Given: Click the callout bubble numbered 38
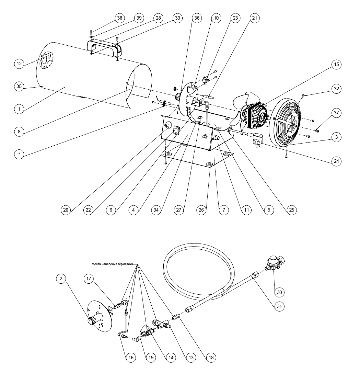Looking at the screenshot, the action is (x=120, y=18).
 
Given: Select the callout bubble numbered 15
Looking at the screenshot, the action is (x=336, y=65).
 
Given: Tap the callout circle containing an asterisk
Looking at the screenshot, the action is (x=19, y=154).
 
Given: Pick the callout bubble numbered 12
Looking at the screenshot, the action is (x=19, y=64).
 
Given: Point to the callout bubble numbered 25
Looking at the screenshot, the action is (x=292, y=210).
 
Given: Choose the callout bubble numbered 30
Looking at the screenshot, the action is (x=279, y=292).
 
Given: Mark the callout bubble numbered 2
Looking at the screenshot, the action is (x=61, y=279).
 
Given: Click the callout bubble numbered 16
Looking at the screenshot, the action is (x=131, y=358).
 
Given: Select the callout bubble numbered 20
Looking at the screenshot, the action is (x=66, y=210).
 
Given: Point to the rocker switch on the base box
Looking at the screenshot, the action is (x=177, y=130).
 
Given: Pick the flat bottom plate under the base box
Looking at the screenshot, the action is (x=198, y=160).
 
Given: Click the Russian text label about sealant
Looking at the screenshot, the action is (x=112, y=264).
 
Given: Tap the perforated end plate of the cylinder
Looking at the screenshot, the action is (x=46, y=60).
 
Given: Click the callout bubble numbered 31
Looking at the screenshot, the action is (x=279, y=306).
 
